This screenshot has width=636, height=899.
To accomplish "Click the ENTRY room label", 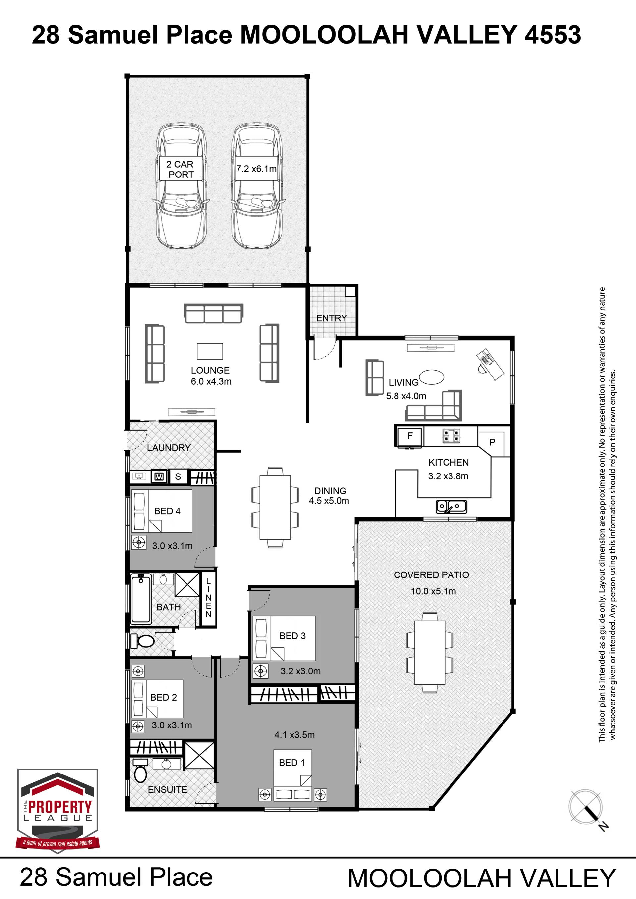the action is [331, 318].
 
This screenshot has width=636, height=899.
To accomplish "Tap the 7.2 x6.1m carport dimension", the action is [256, 169].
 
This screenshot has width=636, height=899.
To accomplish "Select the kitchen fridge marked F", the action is [410, 436].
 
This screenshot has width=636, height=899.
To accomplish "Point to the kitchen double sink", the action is [451, 506].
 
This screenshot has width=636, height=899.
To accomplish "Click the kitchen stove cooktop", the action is [451, 436].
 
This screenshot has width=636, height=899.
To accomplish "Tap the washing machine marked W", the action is [159, 476].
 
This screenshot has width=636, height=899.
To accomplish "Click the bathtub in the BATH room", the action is [140, 599].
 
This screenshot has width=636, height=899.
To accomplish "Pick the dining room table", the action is [275, 507].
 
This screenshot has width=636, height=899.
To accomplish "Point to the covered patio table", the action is [430, 653].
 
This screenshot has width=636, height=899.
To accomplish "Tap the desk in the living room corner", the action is [490, 364].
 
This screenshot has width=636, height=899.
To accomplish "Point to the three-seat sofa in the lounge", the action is [213, 313].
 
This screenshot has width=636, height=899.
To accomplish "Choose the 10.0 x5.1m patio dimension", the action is [433, 592].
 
